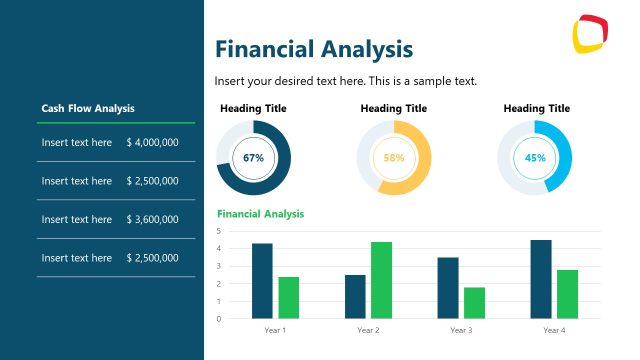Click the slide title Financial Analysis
coord(314,49)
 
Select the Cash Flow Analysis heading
coord(88,108)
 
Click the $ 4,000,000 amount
coord(153,143)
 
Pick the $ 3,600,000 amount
coord(153,220)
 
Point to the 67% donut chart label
coord(253,158)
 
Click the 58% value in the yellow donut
coord(394,158)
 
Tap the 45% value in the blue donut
coord(535,158)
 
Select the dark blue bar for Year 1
coord(262,281)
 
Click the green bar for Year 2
coord(381,280)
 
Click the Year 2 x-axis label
coord(368,330)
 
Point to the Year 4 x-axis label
coord(554,330)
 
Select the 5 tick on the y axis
coord(219,231)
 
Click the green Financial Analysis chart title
coord(261,214)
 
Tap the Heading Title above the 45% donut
coord(536,108)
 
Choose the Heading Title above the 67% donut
coord(253,108)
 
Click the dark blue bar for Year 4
coord(541,279)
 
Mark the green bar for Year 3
coord(474,303)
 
